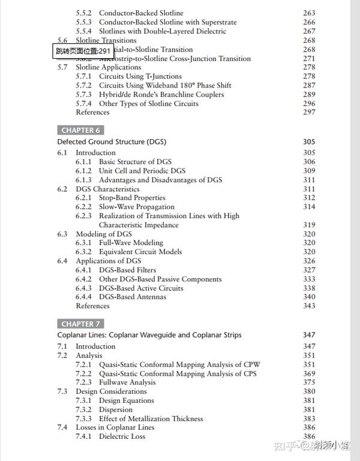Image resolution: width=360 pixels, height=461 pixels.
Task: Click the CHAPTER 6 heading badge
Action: [x=81, y=130]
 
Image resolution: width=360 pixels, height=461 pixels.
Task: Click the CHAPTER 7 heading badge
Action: [x=81, y=324]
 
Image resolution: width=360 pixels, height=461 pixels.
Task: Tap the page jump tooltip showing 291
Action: [x=84, y=51]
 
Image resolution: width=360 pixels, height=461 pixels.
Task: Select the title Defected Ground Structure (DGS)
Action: [x=112, y=142]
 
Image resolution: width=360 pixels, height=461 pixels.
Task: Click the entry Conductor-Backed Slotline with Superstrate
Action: [x=167, y=22]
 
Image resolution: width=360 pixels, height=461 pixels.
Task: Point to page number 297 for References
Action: [x=309, y=112]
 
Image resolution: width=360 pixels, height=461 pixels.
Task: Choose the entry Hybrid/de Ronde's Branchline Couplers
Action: [x=161, y=94]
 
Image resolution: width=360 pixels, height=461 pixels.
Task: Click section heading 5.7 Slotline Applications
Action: [x=99, y=67]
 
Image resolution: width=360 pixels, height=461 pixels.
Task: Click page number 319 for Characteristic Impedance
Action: [x=309, y=225]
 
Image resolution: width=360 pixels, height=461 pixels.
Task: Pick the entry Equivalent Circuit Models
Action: [x=149, y=252]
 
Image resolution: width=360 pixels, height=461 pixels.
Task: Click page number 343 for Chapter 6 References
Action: [x=309, y=306]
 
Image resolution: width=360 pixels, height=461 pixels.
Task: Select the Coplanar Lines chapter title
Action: [x=149, y=335]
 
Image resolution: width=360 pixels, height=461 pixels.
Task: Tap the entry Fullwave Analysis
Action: [x=127, y=382]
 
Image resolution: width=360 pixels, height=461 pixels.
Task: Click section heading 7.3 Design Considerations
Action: [x=105, y=391]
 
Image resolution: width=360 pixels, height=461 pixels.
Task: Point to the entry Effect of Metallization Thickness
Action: [x=151, y=418]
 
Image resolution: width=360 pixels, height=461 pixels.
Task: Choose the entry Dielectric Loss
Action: [x=122, y=436]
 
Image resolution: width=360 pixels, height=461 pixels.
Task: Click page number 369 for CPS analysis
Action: [x=309, y=373]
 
